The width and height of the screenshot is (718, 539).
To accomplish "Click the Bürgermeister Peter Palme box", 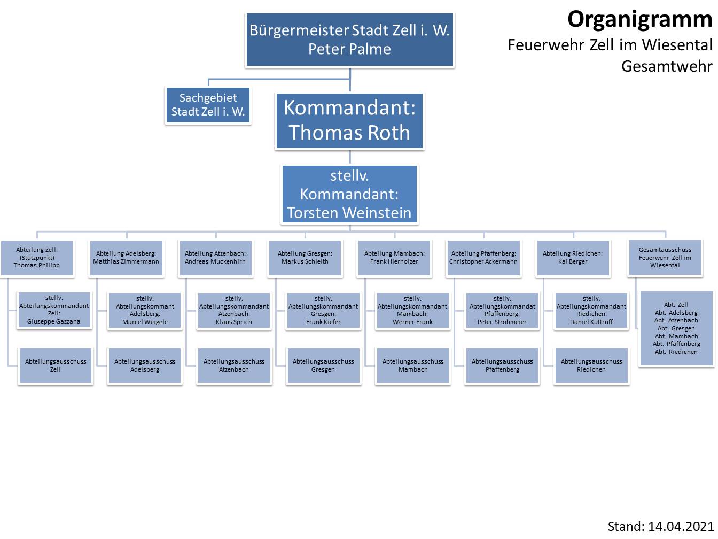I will pos(349,40).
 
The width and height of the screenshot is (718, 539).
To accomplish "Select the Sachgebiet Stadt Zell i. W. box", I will pos(208,105).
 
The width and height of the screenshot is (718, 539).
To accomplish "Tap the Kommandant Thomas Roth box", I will pos(349,120).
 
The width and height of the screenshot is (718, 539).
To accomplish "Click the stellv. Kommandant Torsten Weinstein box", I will pos(349,194).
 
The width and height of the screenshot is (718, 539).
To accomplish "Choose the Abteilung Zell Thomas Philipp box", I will pos(37,257).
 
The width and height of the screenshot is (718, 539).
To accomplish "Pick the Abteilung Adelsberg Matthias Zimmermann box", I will pos(126,257).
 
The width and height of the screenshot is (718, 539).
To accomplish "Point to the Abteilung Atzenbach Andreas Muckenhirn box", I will pos(215,257).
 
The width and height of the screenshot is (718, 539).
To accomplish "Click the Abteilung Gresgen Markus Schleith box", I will pos(305,257).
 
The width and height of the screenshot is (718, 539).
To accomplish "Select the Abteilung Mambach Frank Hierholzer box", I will pos(394,257).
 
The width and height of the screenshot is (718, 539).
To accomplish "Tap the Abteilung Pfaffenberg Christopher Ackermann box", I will pos(483,257).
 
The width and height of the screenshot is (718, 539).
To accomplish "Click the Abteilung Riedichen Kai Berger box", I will pos(573,257).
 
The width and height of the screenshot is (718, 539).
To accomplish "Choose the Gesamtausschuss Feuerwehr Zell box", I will pos(665,257).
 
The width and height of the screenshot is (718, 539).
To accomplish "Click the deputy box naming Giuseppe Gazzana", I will pos(54,310).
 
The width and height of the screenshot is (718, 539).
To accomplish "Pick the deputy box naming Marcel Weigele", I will pos(145,310).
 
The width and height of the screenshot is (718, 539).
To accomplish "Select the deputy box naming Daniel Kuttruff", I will pos(591,310).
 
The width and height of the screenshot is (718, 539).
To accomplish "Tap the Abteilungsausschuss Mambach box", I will pos(413,365).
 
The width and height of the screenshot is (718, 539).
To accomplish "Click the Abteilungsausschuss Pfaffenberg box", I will pos(502,365).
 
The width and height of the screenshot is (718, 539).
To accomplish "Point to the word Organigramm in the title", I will pos(639,19).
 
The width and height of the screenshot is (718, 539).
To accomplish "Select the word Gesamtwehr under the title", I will pos(667,66).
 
